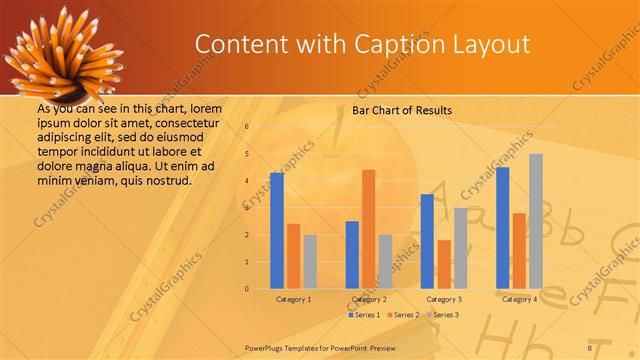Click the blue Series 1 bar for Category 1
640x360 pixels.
pos(277,231)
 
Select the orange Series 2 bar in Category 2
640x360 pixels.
pos(368,229)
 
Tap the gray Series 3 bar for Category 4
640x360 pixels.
pos(536,221)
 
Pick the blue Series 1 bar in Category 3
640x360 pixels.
pos(427,241)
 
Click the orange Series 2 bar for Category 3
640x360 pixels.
pos(444,264)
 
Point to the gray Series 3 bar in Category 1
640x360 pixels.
pos(310,262)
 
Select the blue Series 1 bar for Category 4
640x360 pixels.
pos(503,228)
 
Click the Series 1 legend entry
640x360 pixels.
pos(363,315)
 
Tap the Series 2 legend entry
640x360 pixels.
pos(402,315)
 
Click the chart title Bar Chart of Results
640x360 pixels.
pos(402,110)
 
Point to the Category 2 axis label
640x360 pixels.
pos(369,299)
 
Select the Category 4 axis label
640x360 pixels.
pos(519,299)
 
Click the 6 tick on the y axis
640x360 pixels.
pos(247,127)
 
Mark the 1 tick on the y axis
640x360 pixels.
pos(247,262)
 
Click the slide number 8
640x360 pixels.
pos(590,347)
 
